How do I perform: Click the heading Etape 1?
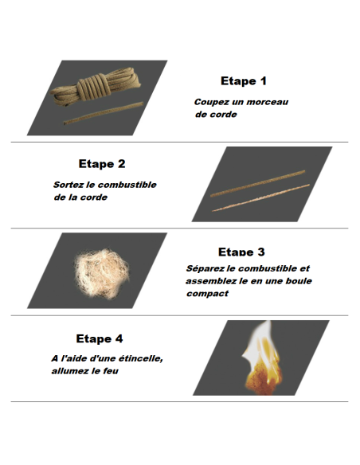(244, 81)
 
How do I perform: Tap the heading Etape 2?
(102, 164)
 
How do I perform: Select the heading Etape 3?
(241, 252)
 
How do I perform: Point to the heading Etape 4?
(100, 338)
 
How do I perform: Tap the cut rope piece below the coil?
(104, 113)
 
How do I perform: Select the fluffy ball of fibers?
(102, 273)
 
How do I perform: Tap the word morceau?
(268, 102)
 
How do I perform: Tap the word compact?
(208, 294)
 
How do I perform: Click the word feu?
(111, 371)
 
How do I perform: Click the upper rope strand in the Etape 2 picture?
(258, 183)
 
